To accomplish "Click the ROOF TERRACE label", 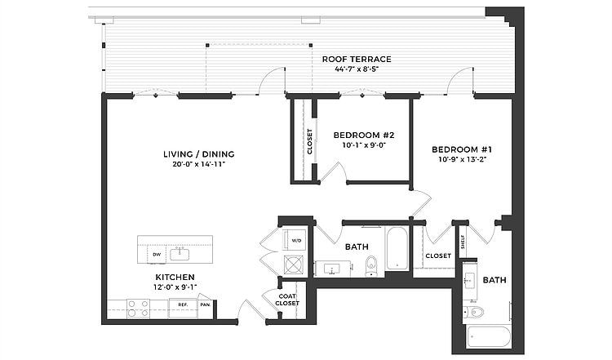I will pyautogui.click(x=357, y=60).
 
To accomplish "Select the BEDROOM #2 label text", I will pyautogui.click(x=364, y=135).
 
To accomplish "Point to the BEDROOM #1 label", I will pyautogui.click(x=461, y=149).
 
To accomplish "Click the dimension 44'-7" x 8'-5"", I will pyautogui.click(x=357, y=69).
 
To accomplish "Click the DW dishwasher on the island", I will pyautogui.click(x=156, y=255).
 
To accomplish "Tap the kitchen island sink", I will pyautogui.click(x=180, y=253).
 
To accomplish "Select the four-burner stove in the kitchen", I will pyautogui.click(x=137, y=309).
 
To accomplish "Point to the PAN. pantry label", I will pyautogui.click(x=205, y=305).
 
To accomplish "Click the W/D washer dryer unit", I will pyautogui.click(x=295, y=241).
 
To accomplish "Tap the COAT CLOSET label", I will pyautogui.click(x=287, y=300).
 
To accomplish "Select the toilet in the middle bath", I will pyautogui.click(x=370, y=265).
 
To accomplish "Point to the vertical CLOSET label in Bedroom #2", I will pyautogui.click(x=310, y=140).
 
